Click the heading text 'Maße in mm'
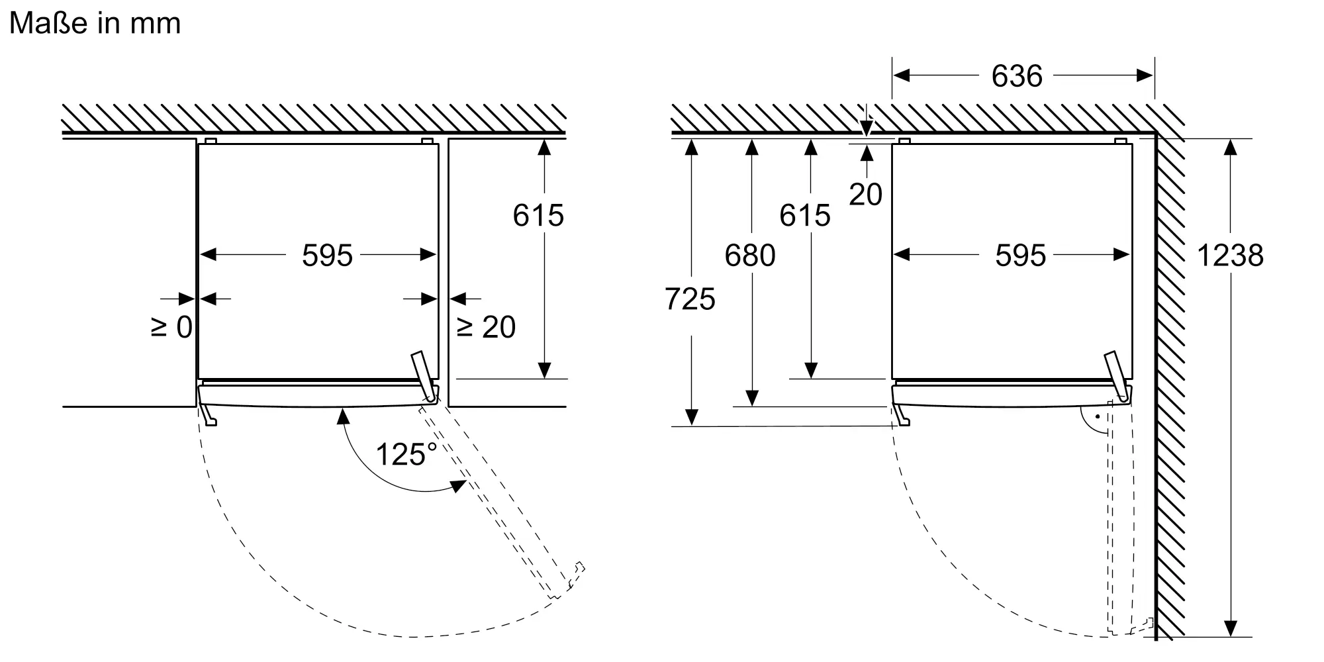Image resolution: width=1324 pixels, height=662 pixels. click(95, 24)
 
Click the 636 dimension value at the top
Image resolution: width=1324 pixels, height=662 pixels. click(1017, 76)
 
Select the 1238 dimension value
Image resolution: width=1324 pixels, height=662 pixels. click(1230, 256)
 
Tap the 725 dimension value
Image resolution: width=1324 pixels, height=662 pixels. click(690, 299)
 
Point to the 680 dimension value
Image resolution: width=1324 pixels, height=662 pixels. click(749, 256)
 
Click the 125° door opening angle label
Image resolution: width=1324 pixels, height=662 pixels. click(406, 454)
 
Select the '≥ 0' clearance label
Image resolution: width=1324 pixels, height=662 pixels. click(171, 327)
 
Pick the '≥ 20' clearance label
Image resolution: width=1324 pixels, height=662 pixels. click(487, 327)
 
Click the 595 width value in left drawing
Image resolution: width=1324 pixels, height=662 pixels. click(327, 256)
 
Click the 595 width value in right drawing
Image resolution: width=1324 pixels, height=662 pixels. click(1020, 256)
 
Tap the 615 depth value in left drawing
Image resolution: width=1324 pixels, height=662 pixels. click(538, 215)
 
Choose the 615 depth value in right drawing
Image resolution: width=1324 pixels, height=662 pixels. click(804, 215)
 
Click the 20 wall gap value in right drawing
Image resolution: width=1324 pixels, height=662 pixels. click(865, 195)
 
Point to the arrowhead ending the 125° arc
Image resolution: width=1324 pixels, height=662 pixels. click(459, 486)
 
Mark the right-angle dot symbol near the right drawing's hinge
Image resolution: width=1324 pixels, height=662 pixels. click(1097, 417)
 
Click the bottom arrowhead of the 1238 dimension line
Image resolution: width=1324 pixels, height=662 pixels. click(1230, 629)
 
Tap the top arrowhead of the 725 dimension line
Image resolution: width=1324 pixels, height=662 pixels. click(691, 146)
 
